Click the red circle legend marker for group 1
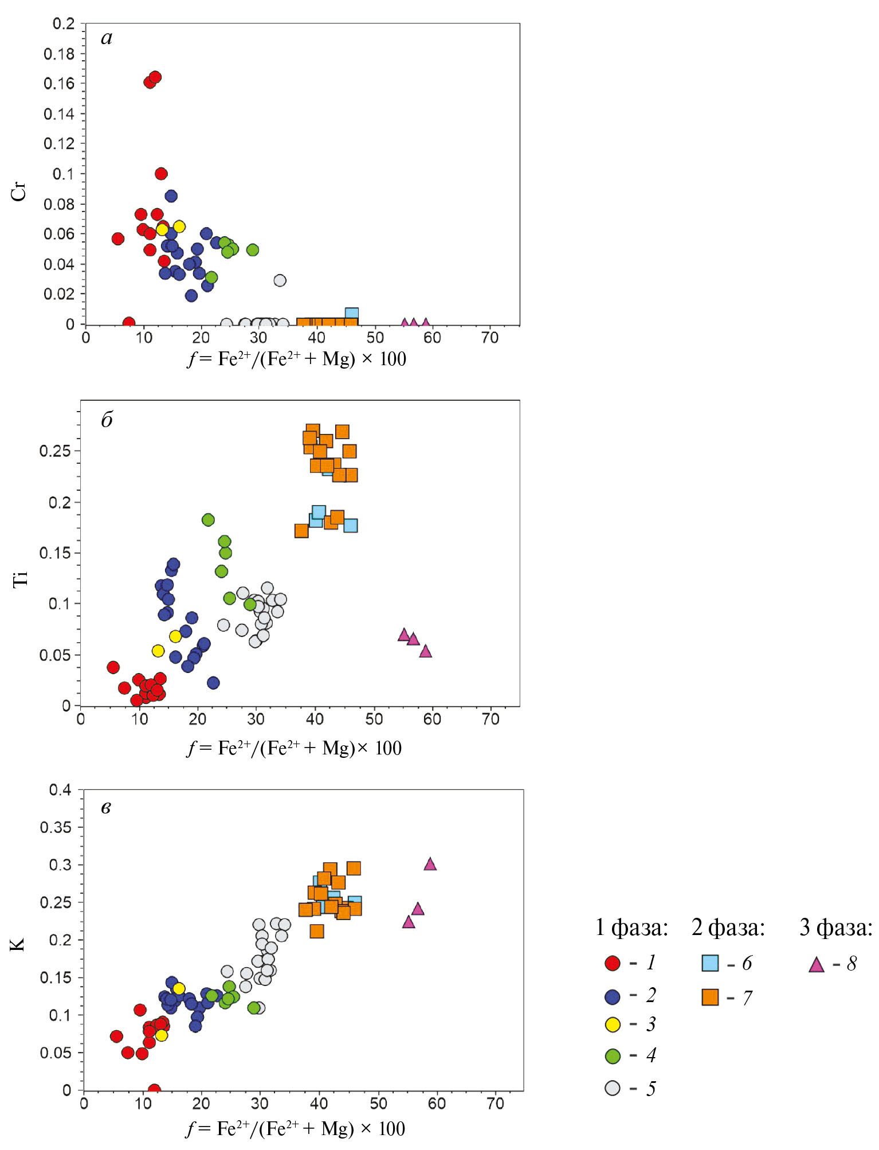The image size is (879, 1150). click(x=613, y=963)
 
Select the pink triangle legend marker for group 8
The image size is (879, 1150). click(x=816, y=965)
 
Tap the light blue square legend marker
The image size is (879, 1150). click(x=710, y=963)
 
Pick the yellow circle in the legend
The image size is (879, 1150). click(x=613, y=1024)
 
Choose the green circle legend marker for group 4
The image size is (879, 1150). click(x=613, y=1056)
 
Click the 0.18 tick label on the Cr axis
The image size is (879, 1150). click(x=59, y=54)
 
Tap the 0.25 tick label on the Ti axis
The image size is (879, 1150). click(x=55, y=451)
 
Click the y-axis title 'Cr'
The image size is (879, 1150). click(x=19, y=193)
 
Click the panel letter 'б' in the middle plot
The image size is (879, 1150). click(x=107, y=420)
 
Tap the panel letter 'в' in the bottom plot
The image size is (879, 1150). click(x=106, y=808)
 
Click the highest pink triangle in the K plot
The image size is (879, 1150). click(x=430, y=864)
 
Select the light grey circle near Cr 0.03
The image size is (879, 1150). click(x=280, y=280)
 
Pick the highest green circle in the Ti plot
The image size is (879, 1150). click(x=208, y=519)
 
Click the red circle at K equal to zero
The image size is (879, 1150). click(x=154, y=1090)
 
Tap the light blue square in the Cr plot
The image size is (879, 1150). click(x=351, y=314)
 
